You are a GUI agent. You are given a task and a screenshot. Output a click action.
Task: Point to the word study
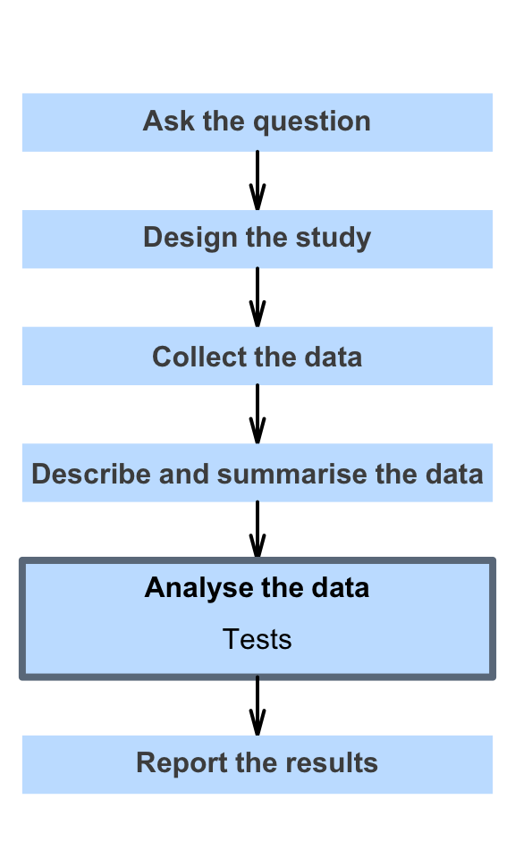[333, 239]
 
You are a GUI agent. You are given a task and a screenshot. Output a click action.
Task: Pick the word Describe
[91, 474]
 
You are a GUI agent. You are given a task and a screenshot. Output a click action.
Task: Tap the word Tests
[257, 639]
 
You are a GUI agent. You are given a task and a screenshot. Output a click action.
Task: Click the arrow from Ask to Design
[257, 181]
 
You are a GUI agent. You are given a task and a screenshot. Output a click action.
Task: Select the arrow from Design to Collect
[257, 297]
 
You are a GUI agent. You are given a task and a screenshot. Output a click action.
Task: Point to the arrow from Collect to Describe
[257, 414]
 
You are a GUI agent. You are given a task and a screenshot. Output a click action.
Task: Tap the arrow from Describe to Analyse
[257, 530]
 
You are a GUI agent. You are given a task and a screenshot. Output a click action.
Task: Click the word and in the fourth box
[184, 474]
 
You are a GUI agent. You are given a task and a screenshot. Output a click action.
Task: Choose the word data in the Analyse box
[341, 588]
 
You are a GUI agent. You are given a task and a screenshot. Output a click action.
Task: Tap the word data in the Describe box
[454, 474]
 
